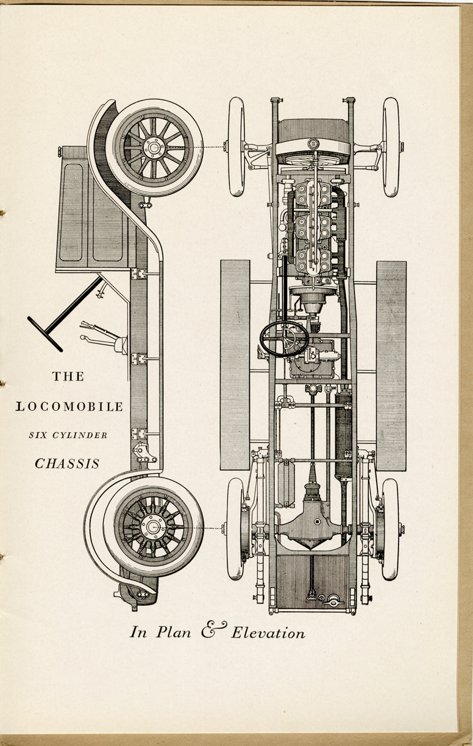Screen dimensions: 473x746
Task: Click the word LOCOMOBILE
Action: [69, 406]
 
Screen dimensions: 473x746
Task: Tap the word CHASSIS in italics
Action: [67, 463]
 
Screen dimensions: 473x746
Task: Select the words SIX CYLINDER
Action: [68, 435]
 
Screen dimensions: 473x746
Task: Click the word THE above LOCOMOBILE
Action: [68, 377]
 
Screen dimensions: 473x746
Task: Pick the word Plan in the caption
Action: [174, 631]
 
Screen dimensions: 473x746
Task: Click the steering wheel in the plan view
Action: [284, 339]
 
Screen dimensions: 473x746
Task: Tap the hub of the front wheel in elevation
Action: [154, 147]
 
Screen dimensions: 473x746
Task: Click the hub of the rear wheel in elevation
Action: [153, 527]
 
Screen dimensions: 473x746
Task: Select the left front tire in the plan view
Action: [237, 147]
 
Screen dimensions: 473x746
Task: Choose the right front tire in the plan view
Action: [391, 147]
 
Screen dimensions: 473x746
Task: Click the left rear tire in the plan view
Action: [236, 529]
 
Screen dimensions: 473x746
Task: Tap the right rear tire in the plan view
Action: [390, 529]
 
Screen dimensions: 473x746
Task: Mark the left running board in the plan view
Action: [235, 365]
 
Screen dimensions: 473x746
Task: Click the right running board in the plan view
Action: [391, 365]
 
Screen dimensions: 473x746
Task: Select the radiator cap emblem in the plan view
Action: [313, 143]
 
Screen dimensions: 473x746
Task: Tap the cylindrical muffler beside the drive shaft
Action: [343, 435]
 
